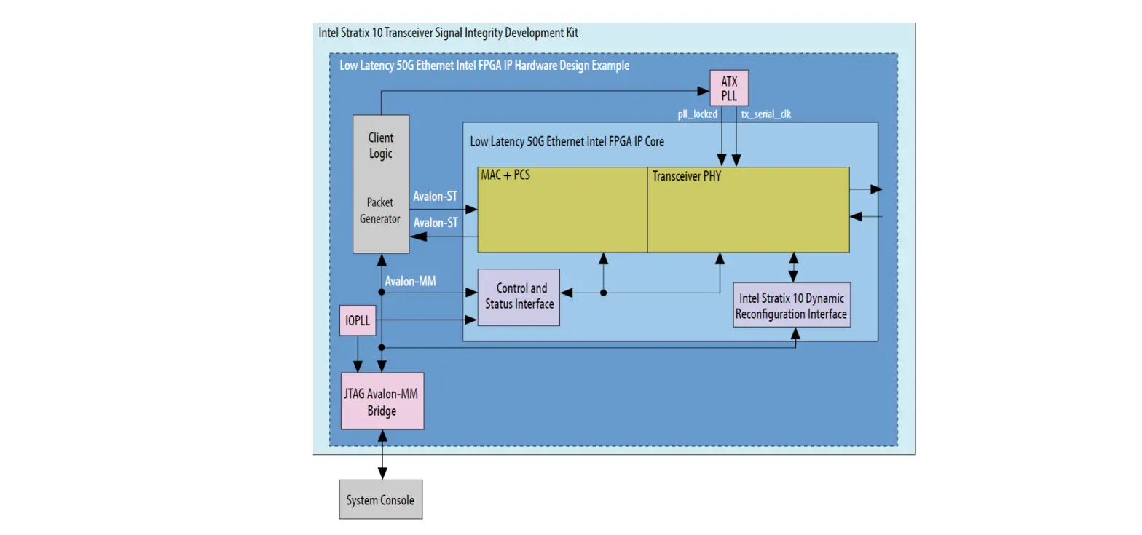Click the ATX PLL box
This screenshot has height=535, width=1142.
pyautogui.click(x=729, y=88)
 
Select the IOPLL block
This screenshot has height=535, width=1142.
pyautogui.click(x=358, y=321)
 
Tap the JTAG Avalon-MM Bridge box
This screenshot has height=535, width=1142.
pyautogui.click(x=382, y=401)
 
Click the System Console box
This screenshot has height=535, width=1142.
pyautogui.click(x=380, y=500)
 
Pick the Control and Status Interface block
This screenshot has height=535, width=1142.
pyautogui.click(x=519, y=296)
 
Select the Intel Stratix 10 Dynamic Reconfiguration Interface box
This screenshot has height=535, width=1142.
pyautogui.click(x=791, y=306)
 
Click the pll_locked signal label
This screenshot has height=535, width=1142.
pyautogui.click(x=697, y=114)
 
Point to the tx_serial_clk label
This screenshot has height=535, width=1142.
pyautogui.click(x=765, y=114)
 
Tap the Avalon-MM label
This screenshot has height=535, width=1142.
pyautogui.click(x=410, y=280)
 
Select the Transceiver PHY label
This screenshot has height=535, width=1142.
pyautogui.click(x=686, y=176)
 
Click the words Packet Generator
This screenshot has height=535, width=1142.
pyautogui.click(x=379, y=210)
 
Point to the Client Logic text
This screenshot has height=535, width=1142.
pyautogui.click(x=380, y=146)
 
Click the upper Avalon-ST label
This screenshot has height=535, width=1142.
pyautogui.click(x=436, y=197)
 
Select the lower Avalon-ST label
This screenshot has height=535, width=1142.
pyautogui.click(x=436, y=223)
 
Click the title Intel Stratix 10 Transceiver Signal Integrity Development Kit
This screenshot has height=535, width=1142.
pyautogui.click(x=449, y=33)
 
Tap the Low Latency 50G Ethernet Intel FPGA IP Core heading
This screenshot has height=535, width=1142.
pyautogui.click(x=567, y=141)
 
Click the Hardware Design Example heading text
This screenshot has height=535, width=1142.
pyautogui.click(x=484, y=66)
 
